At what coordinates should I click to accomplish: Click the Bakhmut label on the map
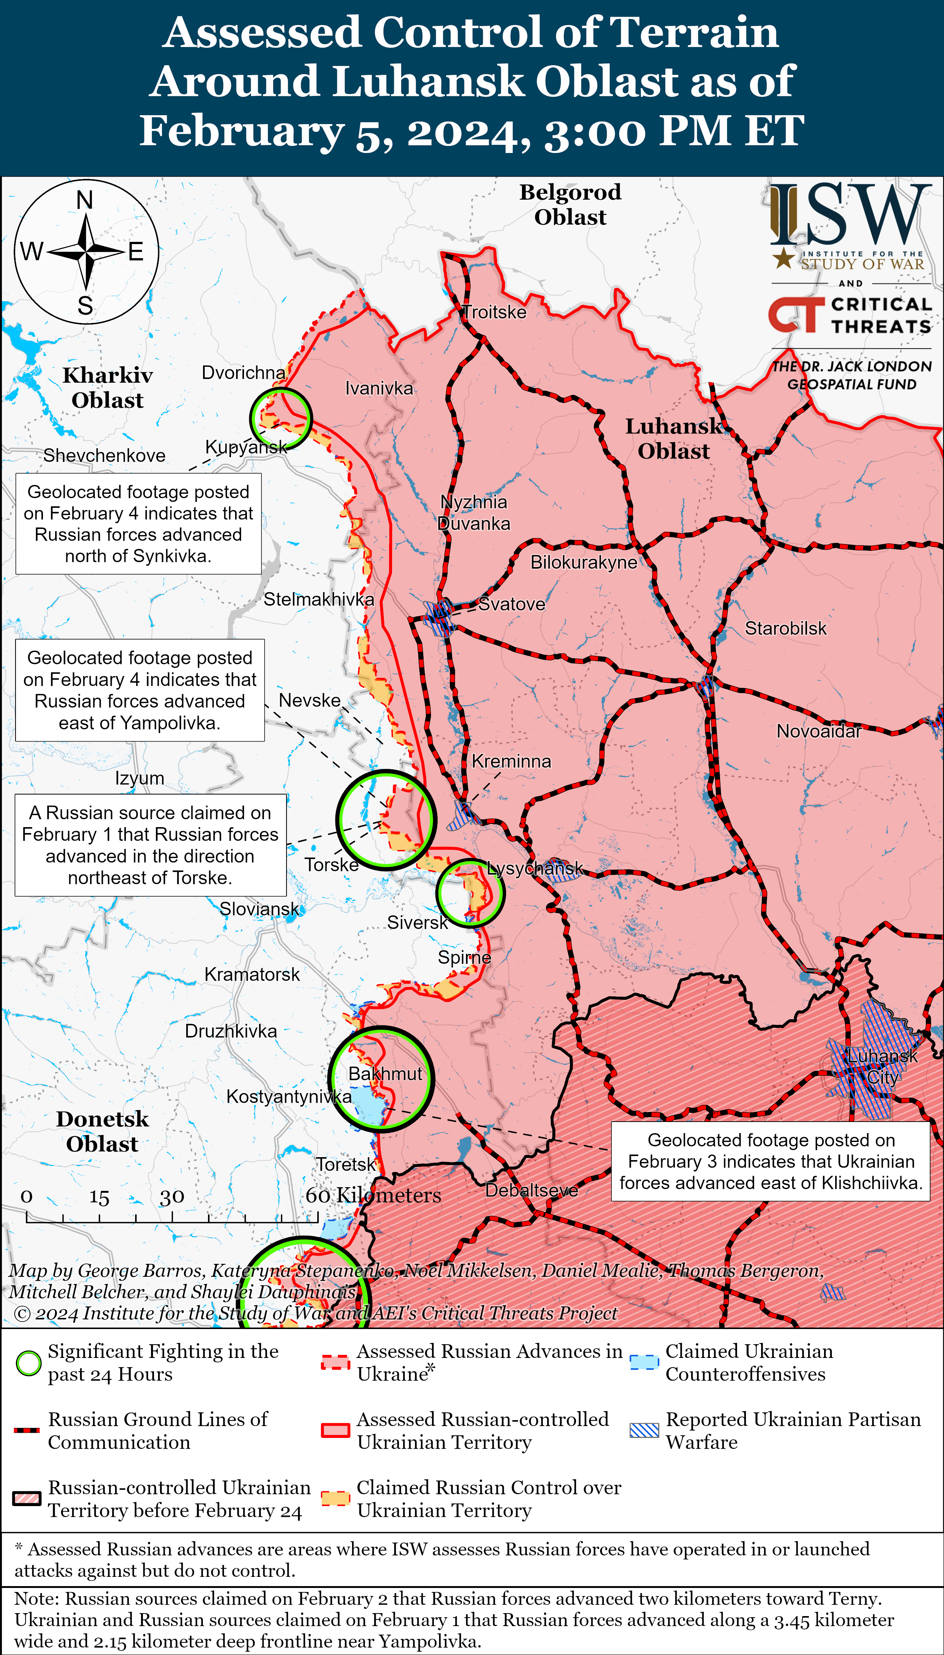385,1074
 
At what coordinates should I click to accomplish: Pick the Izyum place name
140,778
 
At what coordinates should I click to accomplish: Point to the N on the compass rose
85,200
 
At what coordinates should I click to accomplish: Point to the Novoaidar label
818,732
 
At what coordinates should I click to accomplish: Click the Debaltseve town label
532,1191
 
